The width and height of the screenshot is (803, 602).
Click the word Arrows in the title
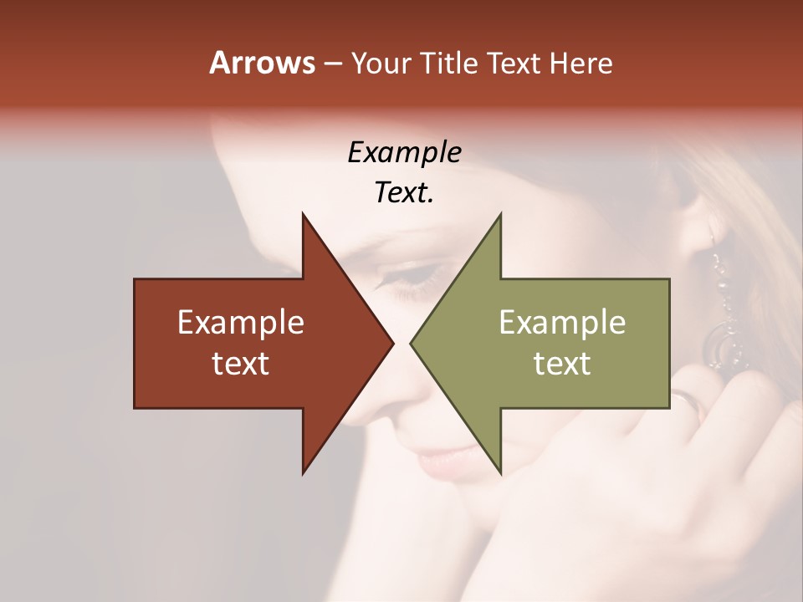pos(262,63)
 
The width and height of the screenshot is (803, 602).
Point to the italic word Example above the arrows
pos(404,152)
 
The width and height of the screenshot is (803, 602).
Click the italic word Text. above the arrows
pos(404,193)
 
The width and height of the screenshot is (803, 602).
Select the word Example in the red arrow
pos(241,323)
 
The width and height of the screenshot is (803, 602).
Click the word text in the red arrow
pos(241,363)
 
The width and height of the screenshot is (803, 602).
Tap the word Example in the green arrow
pos(562,323)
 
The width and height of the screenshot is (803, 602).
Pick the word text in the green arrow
pos(562,363)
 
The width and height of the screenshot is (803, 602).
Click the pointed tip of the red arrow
pos(392,343)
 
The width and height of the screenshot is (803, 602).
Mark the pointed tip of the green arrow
pos(412,343)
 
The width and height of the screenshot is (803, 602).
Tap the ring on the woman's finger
pos(688,403)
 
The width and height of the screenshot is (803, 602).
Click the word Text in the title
pos(514,63)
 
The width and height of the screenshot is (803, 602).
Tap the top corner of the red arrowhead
pos(303,214)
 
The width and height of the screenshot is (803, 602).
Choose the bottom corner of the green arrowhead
pos(500,472)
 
